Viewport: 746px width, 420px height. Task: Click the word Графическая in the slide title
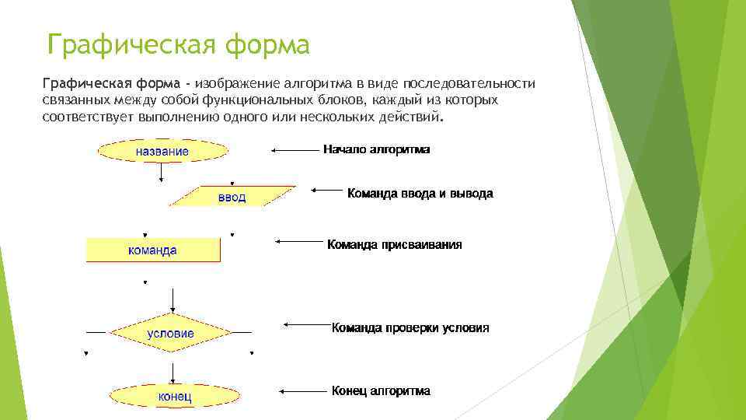(x=129, y=45)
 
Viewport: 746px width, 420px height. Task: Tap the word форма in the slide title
(x=267, y=45)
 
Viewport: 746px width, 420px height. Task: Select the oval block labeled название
(x=162, y=151)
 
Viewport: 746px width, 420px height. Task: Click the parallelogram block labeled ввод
(x=232, y=197)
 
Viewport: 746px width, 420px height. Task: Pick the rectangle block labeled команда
(x=152, y=250)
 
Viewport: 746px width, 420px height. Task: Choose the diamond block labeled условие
(x=171, y=333)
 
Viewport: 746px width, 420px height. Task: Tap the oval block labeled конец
(x=175, y=397)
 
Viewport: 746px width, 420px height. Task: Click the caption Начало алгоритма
(x=376, y=149)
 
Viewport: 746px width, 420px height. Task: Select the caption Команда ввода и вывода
(x=420, y=193)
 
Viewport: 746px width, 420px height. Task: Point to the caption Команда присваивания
(x=394, y=244)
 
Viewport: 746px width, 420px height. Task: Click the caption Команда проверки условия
(x=410, y=327)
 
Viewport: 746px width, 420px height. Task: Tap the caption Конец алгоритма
(x=381, y=390)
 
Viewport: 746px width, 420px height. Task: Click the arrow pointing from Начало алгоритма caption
(x=294, y=149)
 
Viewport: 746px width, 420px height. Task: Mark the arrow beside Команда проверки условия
(x=306, y=325)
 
